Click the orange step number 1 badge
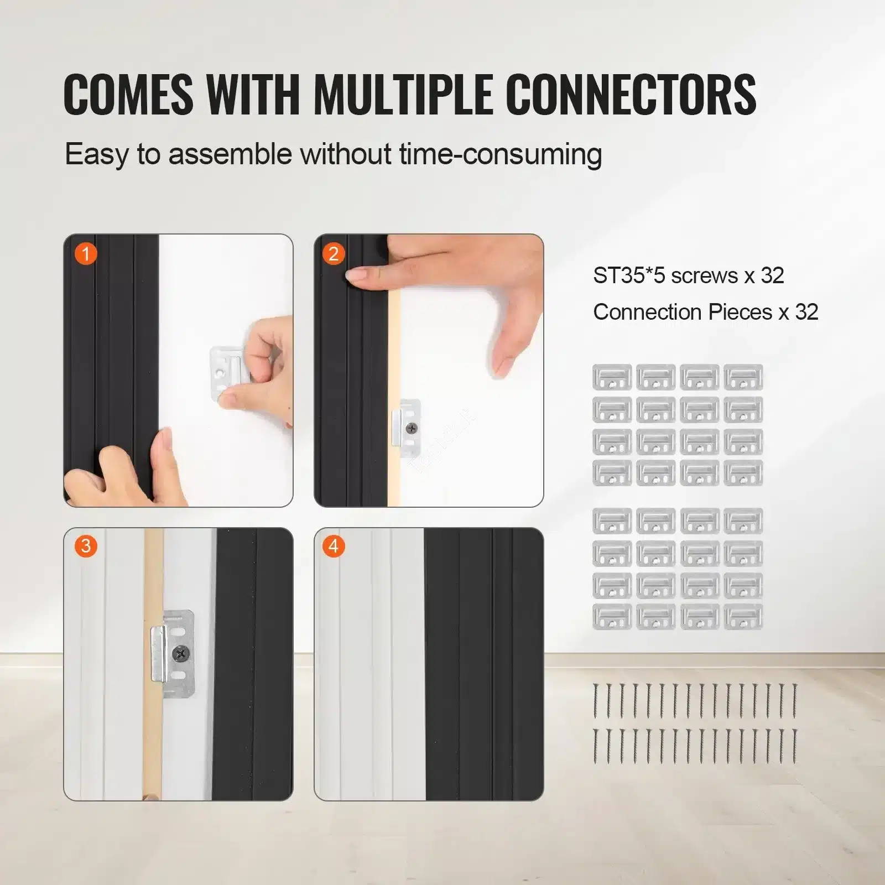[86, 254]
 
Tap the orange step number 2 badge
[334, 254]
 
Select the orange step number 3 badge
[86, 546]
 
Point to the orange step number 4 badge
[334, 546]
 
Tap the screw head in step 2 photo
[412, 428]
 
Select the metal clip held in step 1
[227, 369]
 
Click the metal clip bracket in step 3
[172, 654]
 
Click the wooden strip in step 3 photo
[153, 664]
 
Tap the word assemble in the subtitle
[230, 154]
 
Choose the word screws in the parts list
[704, 276]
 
